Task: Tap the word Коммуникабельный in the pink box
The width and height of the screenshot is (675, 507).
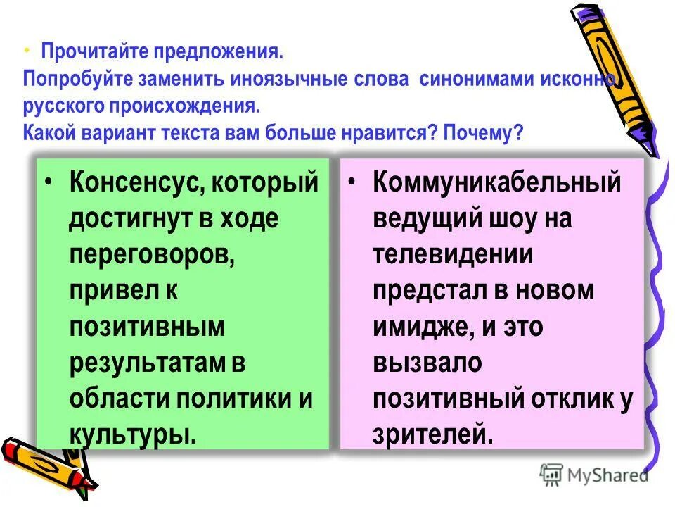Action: pos(497,183)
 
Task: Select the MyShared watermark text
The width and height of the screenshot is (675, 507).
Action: pos(608,475)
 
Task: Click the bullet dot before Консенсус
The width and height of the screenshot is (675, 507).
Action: pos(47,182)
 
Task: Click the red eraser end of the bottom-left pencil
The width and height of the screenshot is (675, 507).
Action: pos(13,449)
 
